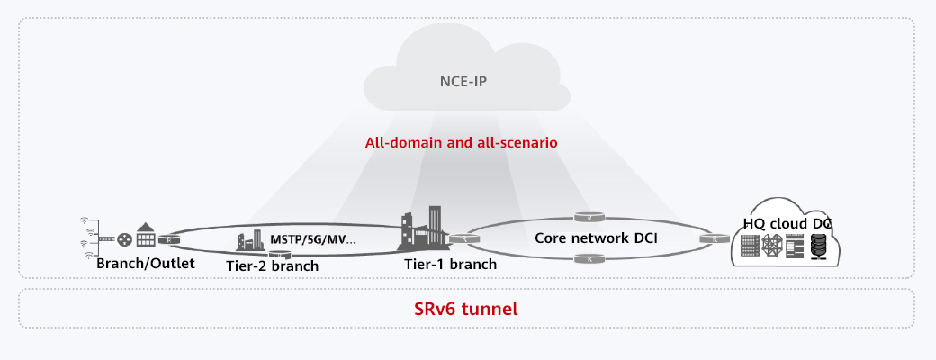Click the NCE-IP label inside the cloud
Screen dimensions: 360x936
click(466, 82)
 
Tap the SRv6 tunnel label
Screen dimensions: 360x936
click(466, 309)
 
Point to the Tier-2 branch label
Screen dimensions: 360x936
click(271, 265)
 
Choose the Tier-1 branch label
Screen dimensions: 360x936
click(449, 265)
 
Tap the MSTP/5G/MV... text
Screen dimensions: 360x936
click(313, 240)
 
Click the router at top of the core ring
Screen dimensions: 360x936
click(586, 218)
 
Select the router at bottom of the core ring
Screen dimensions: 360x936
click(586, 260)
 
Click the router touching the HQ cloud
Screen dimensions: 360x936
click(714, 239)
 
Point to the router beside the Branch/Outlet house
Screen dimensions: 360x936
click(167, 239)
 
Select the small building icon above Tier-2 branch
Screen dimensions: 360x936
click(249, 241)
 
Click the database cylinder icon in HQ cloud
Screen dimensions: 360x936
click(818, 244)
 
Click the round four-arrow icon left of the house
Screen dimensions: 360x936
click(124, 239)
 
